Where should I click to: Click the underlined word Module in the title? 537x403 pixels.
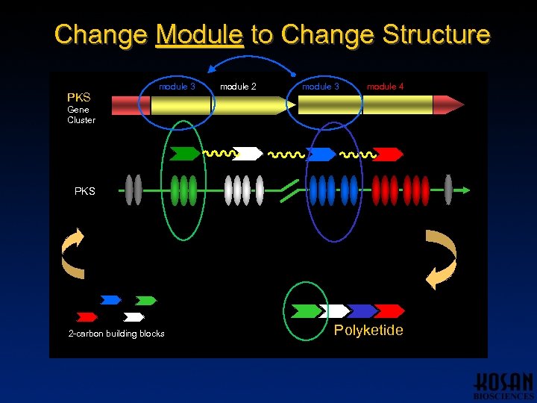pos(199,35)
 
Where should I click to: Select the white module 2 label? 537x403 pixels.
pos(238,87)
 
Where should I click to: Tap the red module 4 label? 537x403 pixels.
pos(385,87)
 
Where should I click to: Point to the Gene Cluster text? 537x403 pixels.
pos(81,115)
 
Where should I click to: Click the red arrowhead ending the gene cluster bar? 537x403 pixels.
pos(447,104)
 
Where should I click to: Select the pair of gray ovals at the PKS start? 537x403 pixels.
pos(133,190)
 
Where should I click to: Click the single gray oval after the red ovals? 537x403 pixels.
pos(448,190)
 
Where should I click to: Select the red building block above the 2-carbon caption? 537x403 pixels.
pos(87,316)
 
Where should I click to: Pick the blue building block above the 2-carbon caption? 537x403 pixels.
pos(110,300)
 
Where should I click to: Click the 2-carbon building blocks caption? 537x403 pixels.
pos(116,334)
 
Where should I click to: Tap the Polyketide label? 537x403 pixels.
pos(368,331)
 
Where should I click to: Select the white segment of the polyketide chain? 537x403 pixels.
pos(334,310)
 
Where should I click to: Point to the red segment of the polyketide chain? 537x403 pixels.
pos(389,310)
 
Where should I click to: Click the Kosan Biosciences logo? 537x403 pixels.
pos(503,384)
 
